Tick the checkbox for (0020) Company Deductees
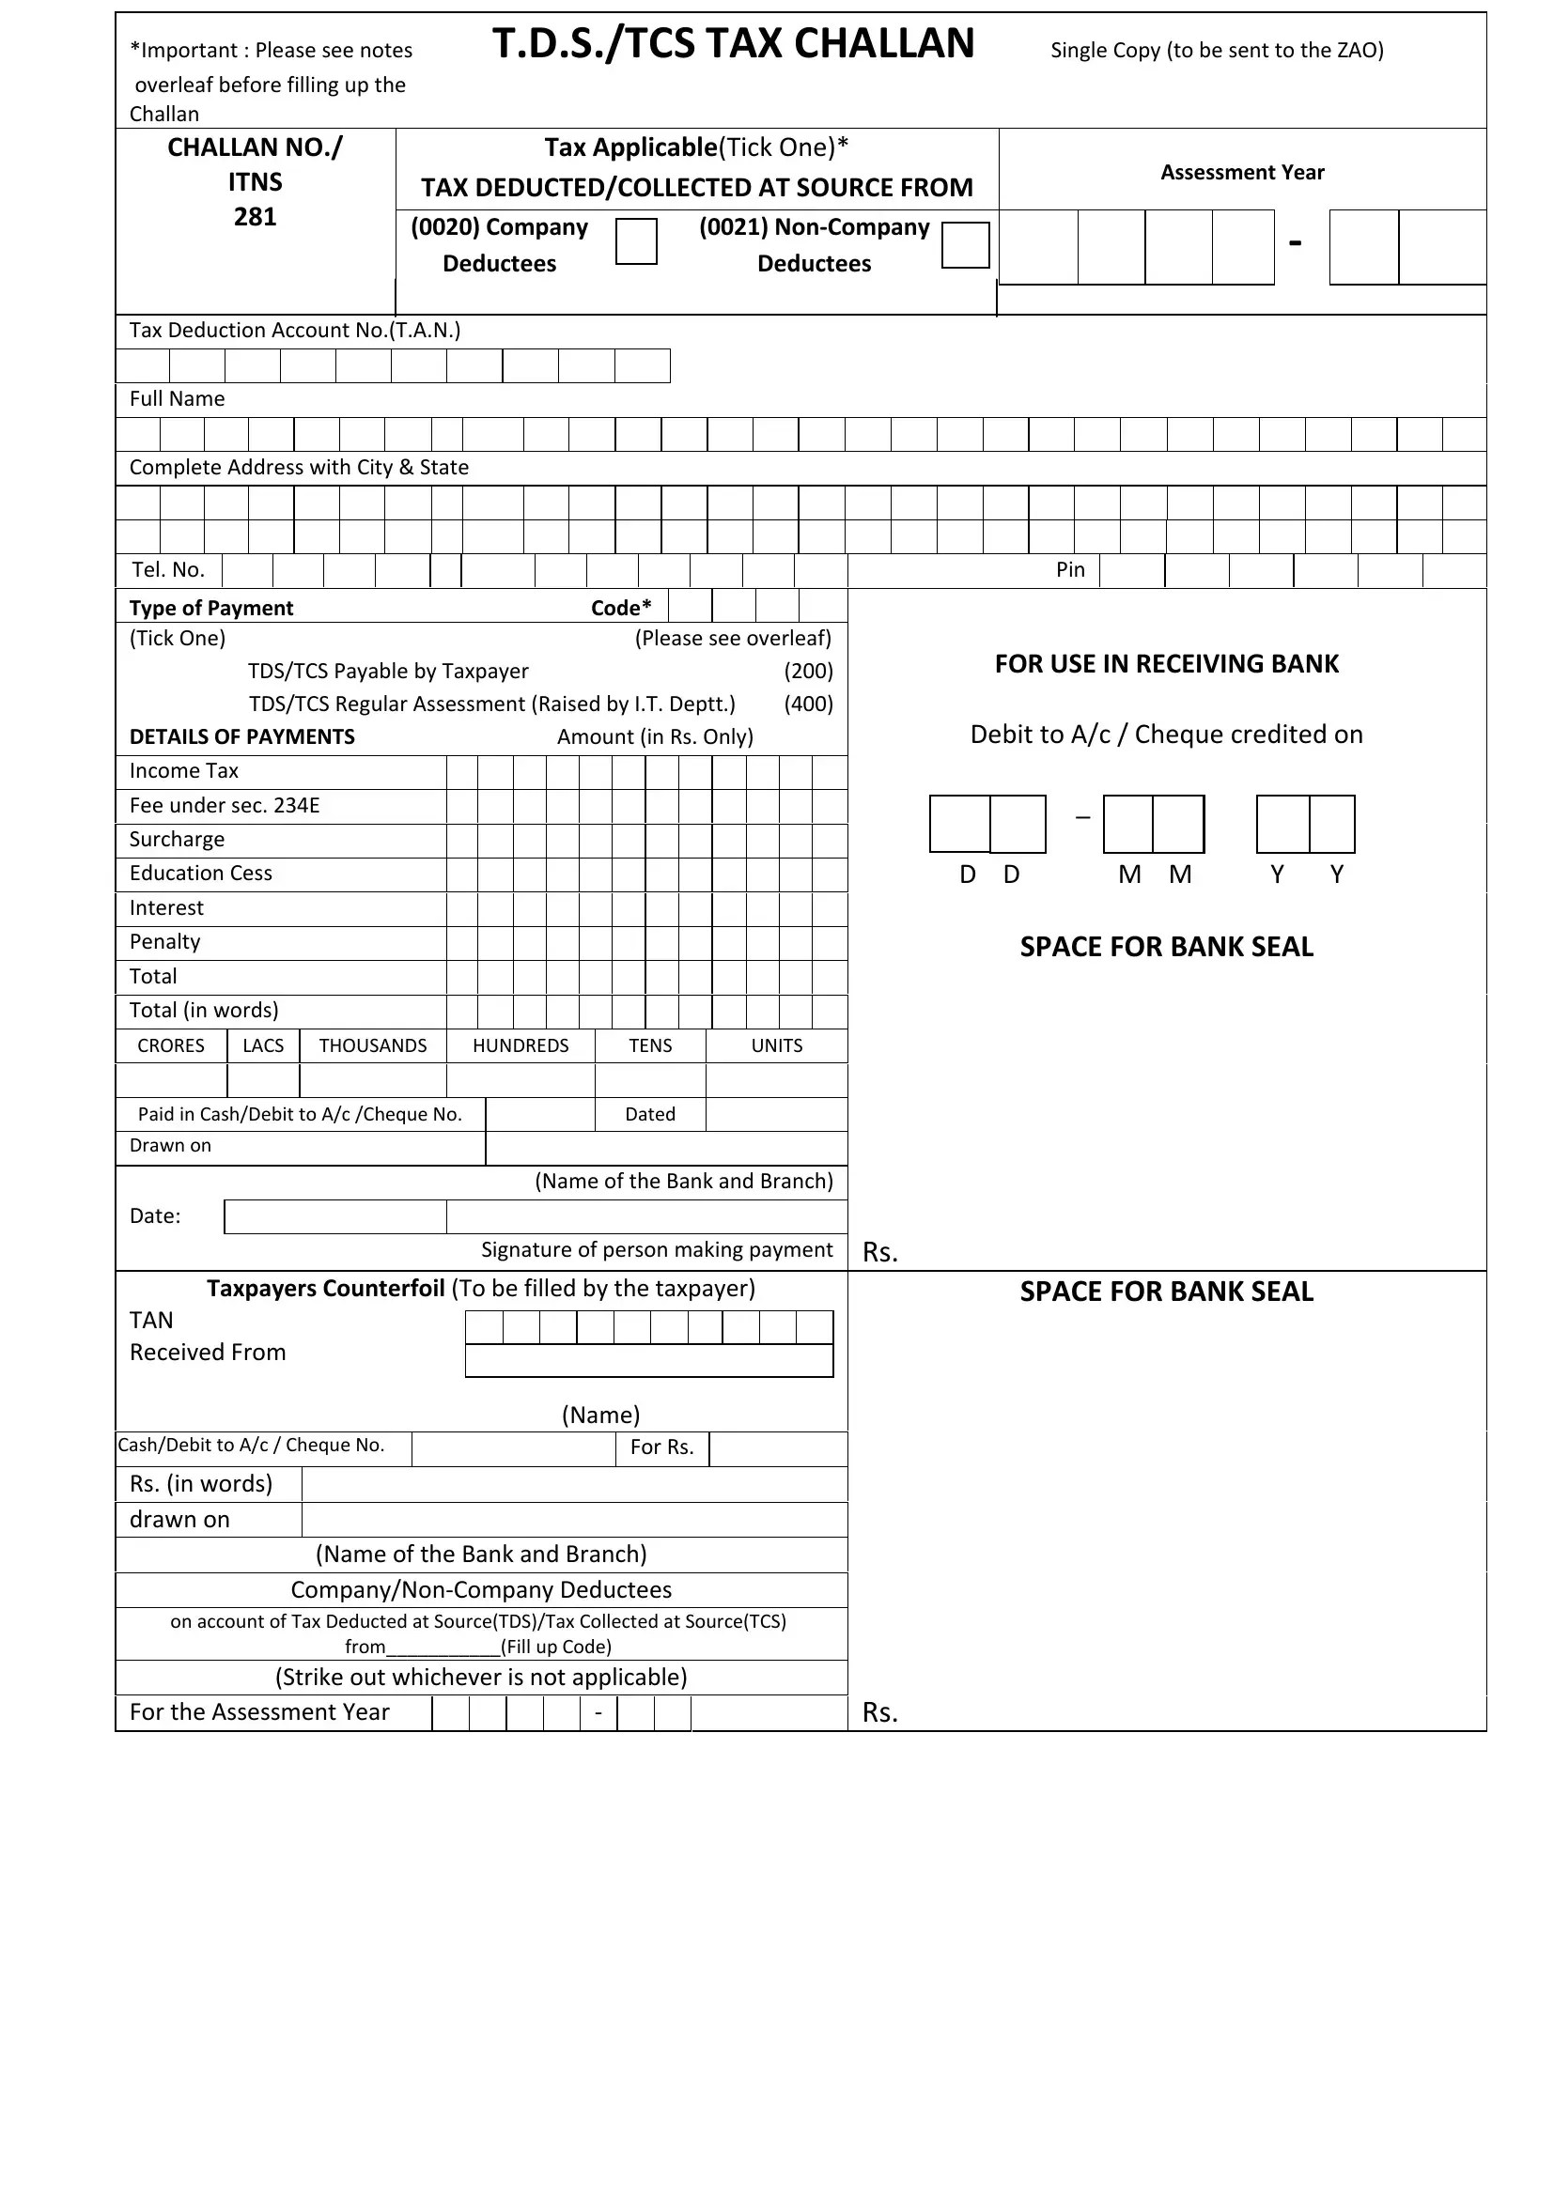point(635,241)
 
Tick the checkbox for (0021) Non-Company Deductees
point(965,245)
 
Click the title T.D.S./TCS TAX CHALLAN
point(733,44)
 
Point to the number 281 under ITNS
point(255,217)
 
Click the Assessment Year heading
point(1241,172)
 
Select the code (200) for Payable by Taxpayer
point(808,671)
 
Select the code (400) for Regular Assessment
point(808,704)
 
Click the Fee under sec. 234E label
point(225,806)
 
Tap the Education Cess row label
point(201,874)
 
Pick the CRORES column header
point(171,1045)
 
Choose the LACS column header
point(263,1045)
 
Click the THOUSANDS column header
point(373,1045)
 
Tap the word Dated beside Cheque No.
point(650,1115)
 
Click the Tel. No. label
point(168,570)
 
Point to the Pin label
point(1070,570)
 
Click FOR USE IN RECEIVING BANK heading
point(1167,664)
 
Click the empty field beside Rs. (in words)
point(574,1484)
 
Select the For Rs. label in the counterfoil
point(662,1447)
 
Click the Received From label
point(208,1352)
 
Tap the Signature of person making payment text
point(657,1249)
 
